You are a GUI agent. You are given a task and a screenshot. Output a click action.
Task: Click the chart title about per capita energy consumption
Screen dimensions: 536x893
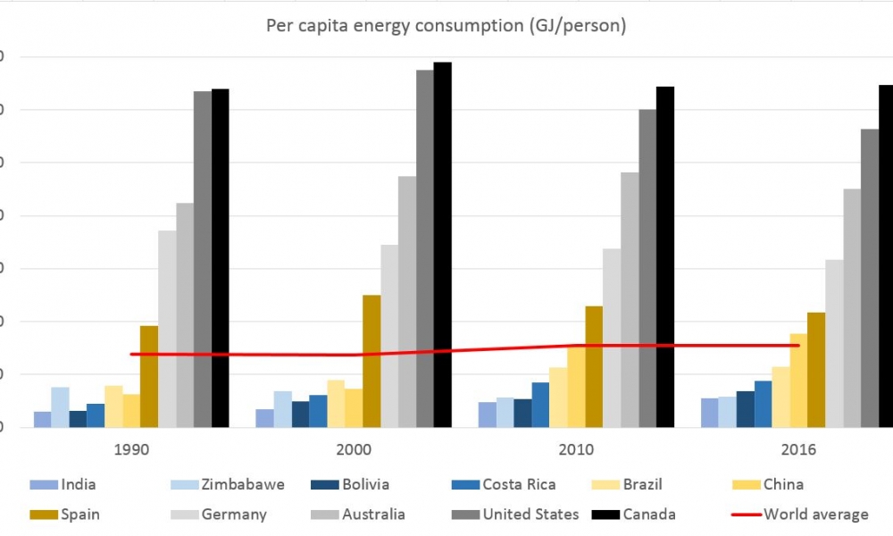[x=446, y=25]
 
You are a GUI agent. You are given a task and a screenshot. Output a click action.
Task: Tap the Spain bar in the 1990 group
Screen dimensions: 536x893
[x=149, y=376]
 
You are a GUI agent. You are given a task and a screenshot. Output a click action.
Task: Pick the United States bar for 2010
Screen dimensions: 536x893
[x=647, y=268]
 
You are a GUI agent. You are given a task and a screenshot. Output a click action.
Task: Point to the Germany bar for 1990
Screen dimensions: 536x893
[x=167, y=329]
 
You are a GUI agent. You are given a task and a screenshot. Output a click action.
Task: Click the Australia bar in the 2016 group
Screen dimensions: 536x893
[x=852, y=307]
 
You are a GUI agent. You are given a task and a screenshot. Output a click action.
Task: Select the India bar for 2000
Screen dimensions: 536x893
[x=264, y=418]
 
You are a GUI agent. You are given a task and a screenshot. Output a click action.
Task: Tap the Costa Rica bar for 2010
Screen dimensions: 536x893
[x=540, y=405]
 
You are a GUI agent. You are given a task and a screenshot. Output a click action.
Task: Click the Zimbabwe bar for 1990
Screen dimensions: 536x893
[x=60, y=407]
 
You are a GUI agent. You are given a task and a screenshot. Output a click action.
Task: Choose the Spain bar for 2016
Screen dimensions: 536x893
[x=816, y=369]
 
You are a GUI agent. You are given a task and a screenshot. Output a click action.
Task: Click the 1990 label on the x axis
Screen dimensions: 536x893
[x=131, y=449]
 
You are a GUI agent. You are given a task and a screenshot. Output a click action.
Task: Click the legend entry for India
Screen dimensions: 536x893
[x=78, y=485]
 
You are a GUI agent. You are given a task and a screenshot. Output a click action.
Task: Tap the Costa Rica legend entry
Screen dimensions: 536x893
[x=518, y=485]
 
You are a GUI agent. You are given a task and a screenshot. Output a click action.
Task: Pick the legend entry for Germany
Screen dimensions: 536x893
[x=233, y=515]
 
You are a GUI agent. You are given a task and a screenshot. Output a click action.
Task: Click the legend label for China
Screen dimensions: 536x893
[x=783, y=485]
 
